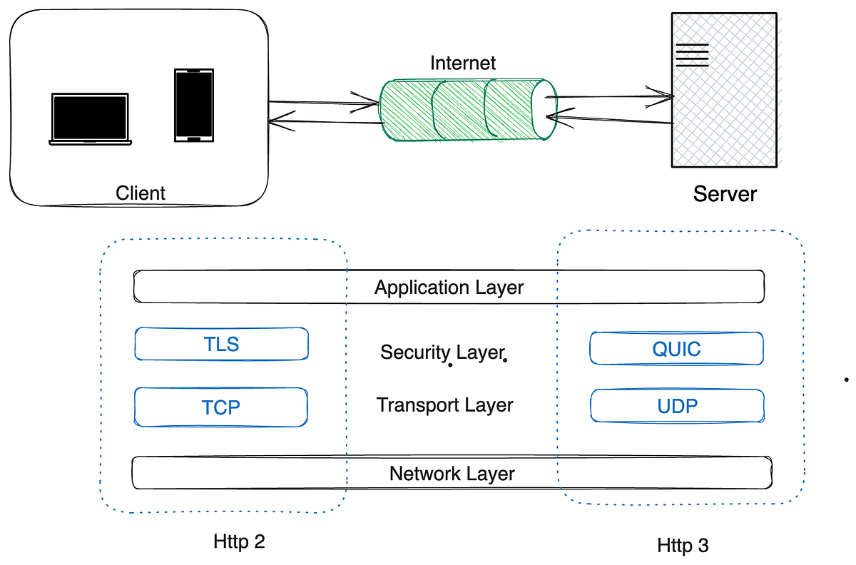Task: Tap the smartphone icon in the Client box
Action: point(193,105)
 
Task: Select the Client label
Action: point(141,193)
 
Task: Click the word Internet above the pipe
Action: point(463,63)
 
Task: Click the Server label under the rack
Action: point(725,193)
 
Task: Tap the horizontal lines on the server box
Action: point(692,55)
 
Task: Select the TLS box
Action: point(221,345)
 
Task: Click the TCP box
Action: point(221,407)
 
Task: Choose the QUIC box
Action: point(676,349)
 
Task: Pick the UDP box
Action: point(677,406)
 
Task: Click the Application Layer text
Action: point(449,287)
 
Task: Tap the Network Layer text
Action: point(452,474)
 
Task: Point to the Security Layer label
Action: point(442,352)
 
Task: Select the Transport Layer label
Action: point(445,405)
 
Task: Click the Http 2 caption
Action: point(239,541)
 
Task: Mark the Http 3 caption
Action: point(683,546)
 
